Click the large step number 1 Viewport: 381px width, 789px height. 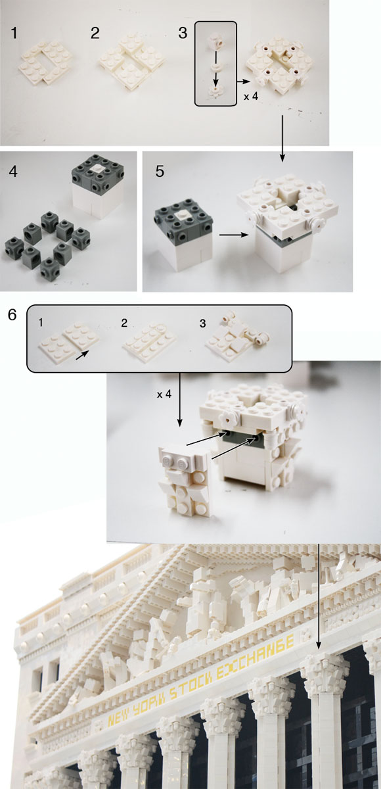click(14, 34)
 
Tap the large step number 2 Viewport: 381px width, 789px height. click(95, 34)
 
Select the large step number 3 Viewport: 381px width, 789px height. click(183, 34)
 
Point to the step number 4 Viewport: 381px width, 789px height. click(13, 172)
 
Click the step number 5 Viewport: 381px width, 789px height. click(160, 172)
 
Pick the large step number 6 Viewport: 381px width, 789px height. click(12, 314)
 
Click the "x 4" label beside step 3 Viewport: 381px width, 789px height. click(251, 96)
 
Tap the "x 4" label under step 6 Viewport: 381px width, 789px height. click(164, 394)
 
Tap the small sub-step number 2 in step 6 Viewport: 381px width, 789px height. click(124, 323)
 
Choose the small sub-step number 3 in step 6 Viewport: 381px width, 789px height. click(202, 323)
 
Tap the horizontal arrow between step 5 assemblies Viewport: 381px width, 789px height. click(234, 235)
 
